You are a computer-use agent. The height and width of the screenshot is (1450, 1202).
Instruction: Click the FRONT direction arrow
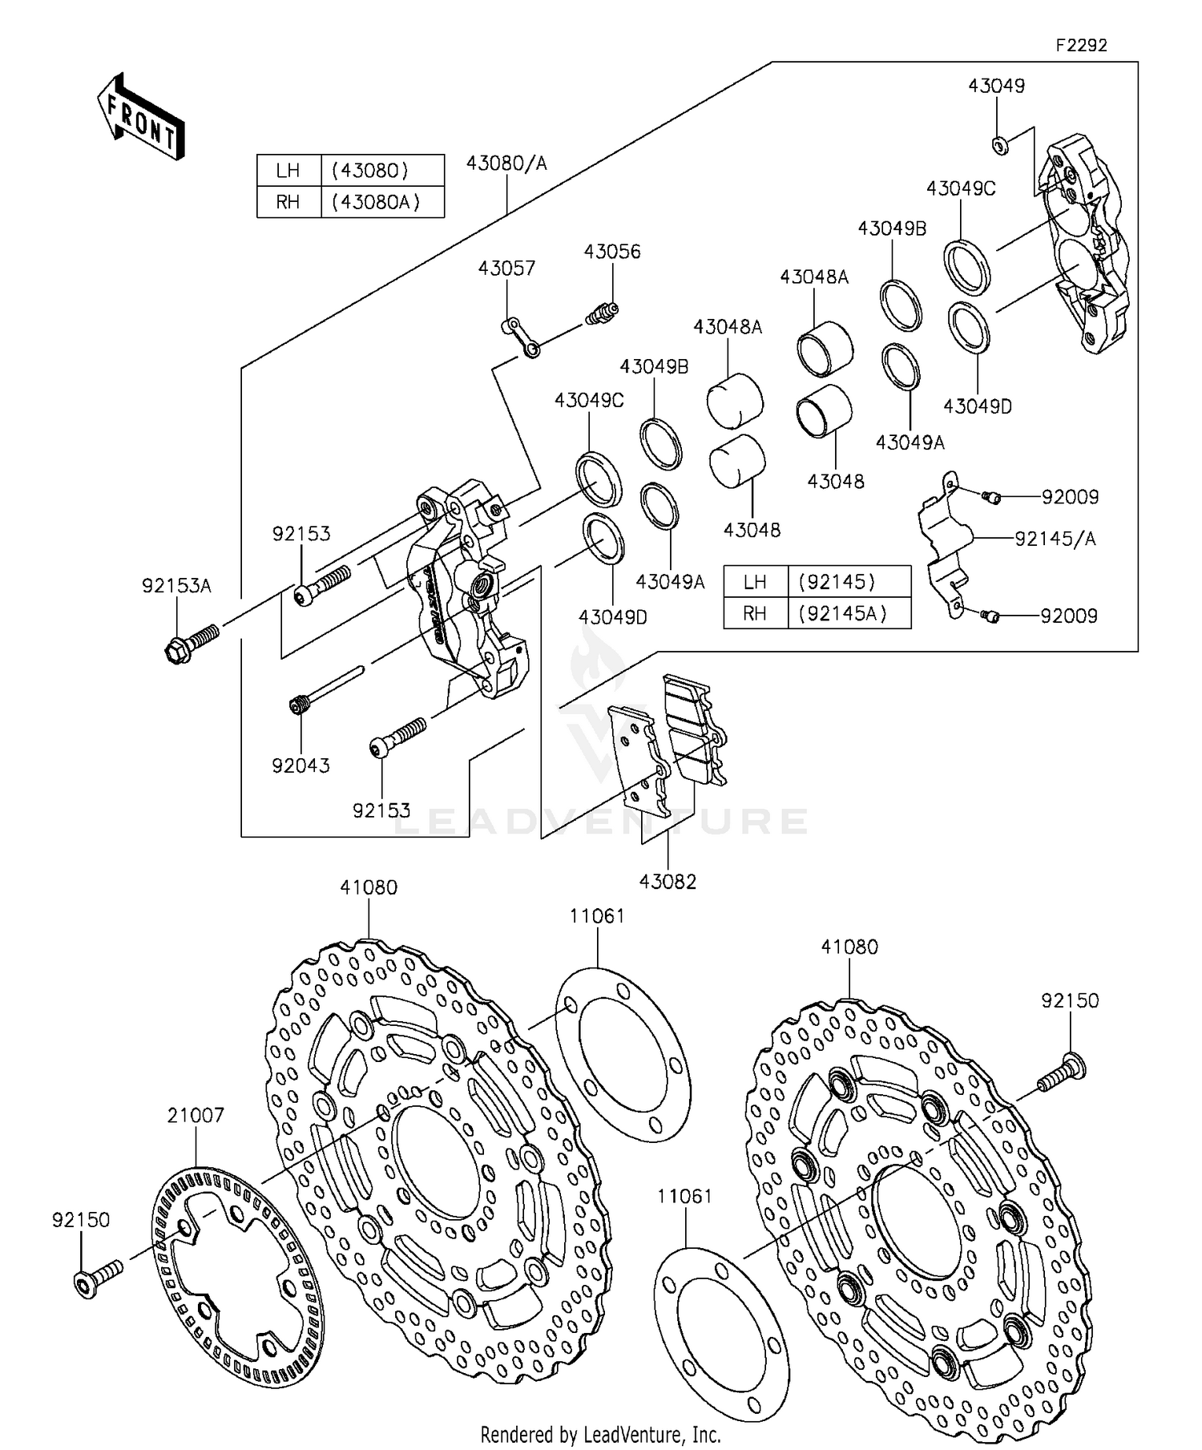click(x=141, y=117)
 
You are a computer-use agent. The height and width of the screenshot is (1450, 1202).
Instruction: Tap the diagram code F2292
click(x=1081, y=46)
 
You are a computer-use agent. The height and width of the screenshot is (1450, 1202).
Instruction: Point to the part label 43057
click(x=506, y=268)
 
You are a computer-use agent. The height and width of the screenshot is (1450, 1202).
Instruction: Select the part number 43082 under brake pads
click(x=668, y=882)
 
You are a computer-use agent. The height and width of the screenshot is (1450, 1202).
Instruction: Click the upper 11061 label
click(x=597, y=916)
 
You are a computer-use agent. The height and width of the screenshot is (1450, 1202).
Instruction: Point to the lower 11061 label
click(x=684, y=1197)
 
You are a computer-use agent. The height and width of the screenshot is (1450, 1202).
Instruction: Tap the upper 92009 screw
click(x=991, y=498)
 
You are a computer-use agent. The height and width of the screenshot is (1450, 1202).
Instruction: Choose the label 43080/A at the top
click(x=506, y=164)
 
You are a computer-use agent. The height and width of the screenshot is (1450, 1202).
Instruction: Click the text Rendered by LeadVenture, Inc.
click(x=600, y=1433)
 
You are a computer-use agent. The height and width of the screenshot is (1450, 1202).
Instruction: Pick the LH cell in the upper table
click(x=288, y=170)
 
